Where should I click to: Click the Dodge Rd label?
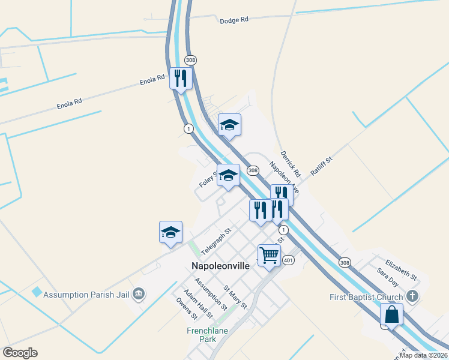(x=234, y=20)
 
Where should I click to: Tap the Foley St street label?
(x=207, y=179)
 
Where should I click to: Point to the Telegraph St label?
(x=216, y=240)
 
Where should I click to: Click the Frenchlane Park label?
(x=207, y=334)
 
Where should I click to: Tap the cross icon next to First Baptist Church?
(x=412, y=296)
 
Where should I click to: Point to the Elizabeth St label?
(x=401, y=269)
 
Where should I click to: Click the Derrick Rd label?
(x=289, y=163)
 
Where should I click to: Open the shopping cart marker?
(x=269, y=255)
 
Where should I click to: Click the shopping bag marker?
(x=391, y=314)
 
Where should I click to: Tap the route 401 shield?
(x=289, y=260)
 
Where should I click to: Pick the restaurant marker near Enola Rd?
(x=181, y=78)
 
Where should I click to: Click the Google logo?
(x=20, y=353)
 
